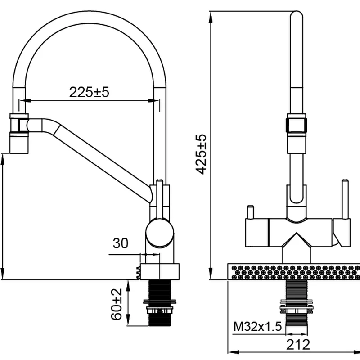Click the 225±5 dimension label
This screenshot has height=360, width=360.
90,92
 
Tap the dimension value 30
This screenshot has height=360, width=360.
120,243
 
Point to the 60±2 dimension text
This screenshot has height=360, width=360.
117,304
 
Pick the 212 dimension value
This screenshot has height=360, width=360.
298,345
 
